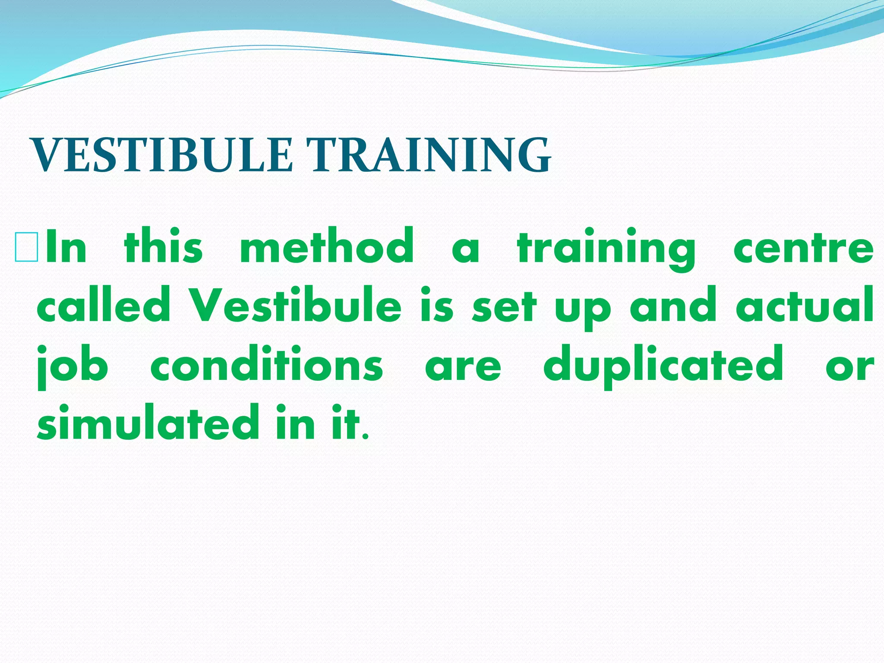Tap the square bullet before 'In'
tap(26, 247)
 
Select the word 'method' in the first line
tap(327, 246)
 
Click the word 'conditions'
tap(266, 365)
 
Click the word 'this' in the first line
tap(163, 246)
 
